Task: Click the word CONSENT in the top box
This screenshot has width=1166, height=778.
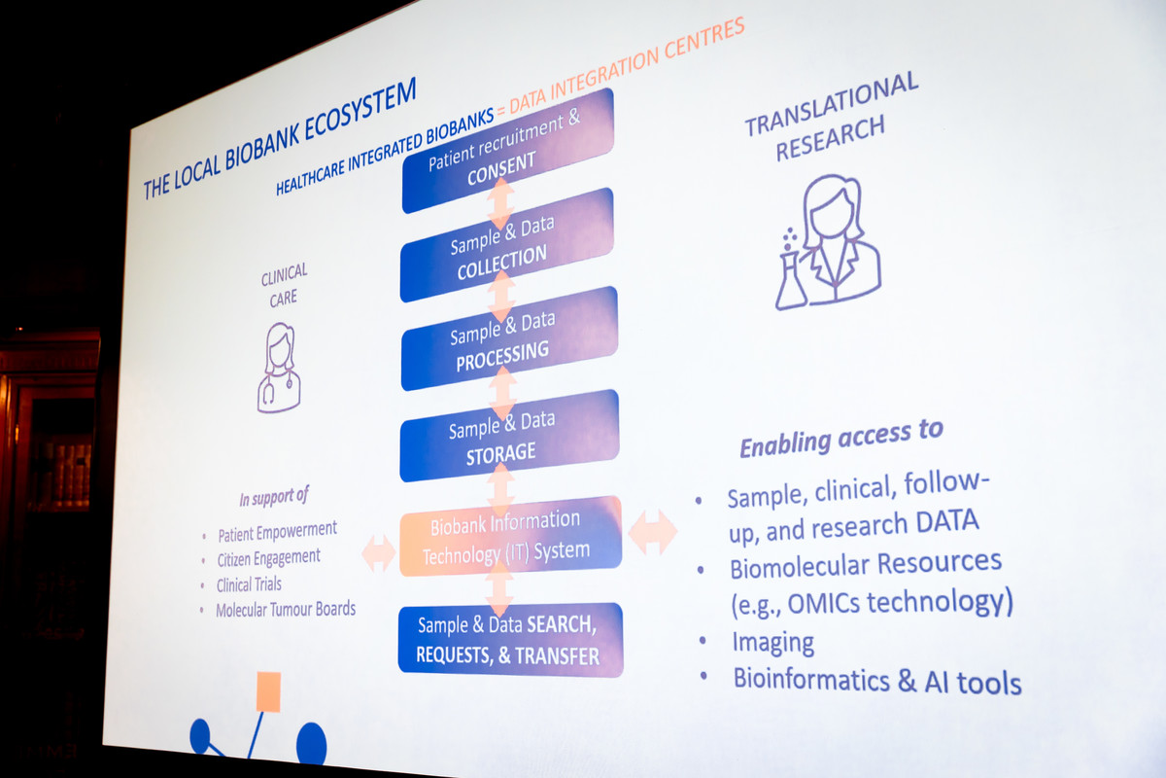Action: click(501, 168)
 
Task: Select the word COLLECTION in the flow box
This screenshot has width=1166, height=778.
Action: click(502, 263)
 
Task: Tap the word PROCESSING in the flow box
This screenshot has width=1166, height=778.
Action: click(503, 356)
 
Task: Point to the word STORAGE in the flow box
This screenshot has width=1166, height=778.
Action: click(500, 454)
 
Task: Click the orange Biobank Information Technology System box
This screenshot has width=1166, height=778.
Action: click(511, 536)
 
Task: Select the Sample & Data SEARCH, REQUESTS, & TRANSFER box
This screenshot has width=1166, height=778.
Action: click(511, 640)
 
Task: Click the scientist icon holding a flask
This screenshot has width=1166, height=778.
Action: click(828, 242)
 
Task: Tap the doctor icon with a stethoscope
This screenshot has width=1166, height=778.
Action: click(279, 368)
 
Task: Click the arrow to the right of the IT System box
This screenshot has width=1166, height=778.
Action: click(653, 532)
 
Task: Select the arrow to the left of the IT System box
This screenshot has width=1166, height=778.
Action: click(378, 553)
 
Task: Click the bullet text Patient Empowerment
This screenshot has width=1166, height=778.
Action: click(278, 532)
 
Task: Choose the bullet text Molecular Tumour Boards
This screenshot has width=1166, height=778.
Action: click(286, 609)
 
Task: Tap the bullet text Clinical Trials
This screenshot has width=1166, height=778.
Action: click(249, 584)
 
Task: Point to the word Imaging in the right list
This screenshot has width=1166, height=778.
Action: click(773, 644)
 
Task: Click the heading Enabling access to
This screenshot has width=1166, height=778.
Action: click(841, 439)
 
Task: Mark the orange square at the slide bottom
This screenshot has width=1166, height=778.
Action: click(268, 692)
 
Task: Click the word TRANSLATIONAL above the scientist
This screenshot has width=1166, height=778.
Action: click(832, 104)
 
